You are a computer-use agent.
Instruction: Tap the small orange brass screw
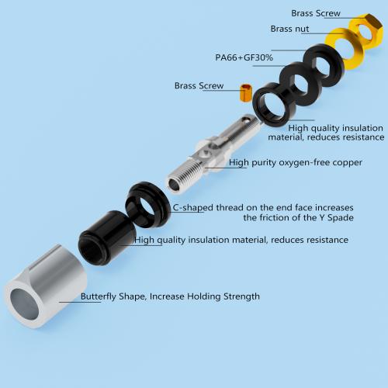click(246, 92)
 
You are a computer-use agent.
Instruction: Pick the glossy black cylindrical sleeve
click(106, 238)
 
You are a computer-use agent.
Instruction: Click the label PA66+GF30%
click(244, 57)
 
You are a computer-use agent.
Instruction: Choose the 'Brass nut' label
click(289, 29)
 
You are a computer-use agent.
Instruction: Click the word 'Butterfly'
click(99, 296)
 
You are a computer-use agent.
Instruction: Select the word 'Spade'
click(341, 217)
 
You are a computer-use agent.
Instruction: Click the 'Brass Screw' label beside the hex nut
click(316, 13)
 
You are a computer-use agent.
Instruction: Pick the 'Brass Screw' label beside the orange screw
click(199, 85)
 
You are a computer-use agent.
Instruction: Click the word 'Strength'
click(241, 296)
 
